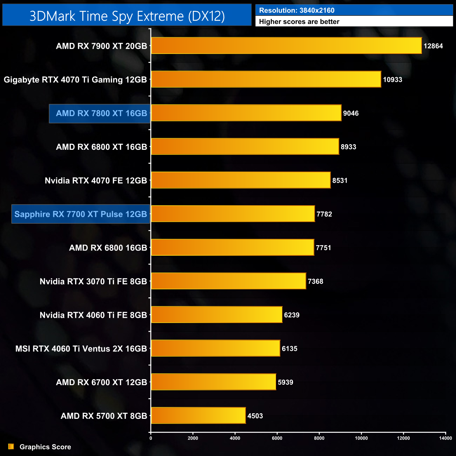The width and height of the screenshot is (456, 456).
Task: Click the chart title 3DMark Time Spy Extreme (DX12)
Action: (x=127, y=16)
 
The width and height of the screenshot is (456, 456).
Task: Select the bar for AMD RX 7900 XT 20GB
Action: (x=286, y=46)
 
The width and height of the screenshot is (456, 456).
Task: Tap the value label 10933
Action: (x=393, y=80)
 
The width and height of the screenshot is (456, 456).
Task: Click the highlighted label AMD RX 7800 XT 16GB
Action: (x=101, y=113)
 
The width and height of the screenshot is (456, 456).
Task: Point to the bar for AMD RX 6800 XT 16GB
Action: (x=245, y=147)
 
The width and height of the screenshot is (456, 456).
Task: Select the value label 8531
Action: (x=340, y=181)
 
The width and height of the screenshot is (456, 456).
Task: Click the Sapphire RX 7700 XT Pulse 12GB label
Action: (x=81, y=214)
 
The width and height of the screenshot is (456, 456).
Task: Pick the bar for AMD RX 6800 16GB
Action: (x=233, y=248)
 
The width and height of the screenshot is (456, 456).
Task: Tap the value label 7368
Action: (x=315, y=281)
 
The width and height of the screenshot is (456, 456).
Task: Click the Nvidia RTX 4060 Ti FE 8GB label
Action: (x=93, y=315)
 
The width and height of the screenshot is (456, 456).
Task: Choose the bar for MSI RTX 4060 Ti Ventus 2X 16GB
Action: (x=215, y=348)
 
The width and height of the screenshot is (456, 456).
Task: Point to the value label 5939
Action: (x=285, y=382)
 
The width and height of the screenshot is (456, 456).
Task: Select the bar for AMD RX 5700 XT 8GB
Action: (x=198, y=416)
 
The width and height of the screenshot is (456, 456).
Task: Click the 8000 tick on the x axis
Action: (x=319, y=438)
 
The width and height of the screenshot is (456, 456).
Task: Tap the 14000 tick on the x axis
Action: (x=445, y=438)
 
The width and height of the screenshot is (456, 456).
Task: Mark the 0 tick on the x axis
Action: (x=151, y=438)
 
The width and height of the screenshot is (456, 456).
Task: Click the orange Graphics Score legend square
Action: (x=11, y=447)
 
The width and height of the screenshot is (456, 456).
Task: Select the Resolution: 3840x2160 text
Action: (x=297, y=11)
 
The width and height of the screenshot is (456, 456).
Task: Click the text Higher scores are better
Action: (x=299, y=22)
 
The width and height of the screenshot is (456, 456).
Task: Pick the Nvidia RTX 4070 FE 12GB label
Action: (x=96, y=181)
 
